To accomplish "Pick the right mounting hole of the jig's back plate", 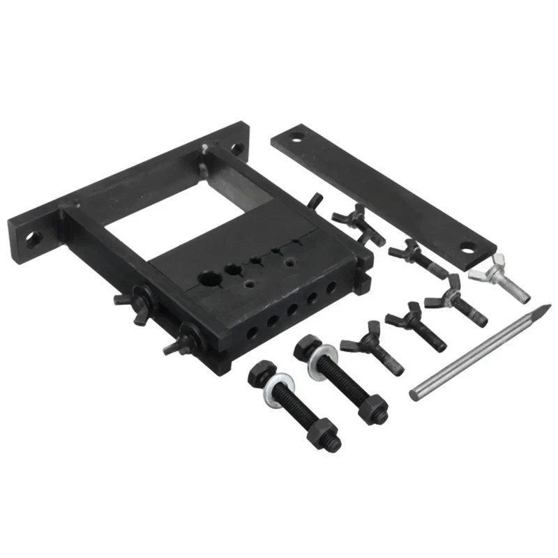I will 235,148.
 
